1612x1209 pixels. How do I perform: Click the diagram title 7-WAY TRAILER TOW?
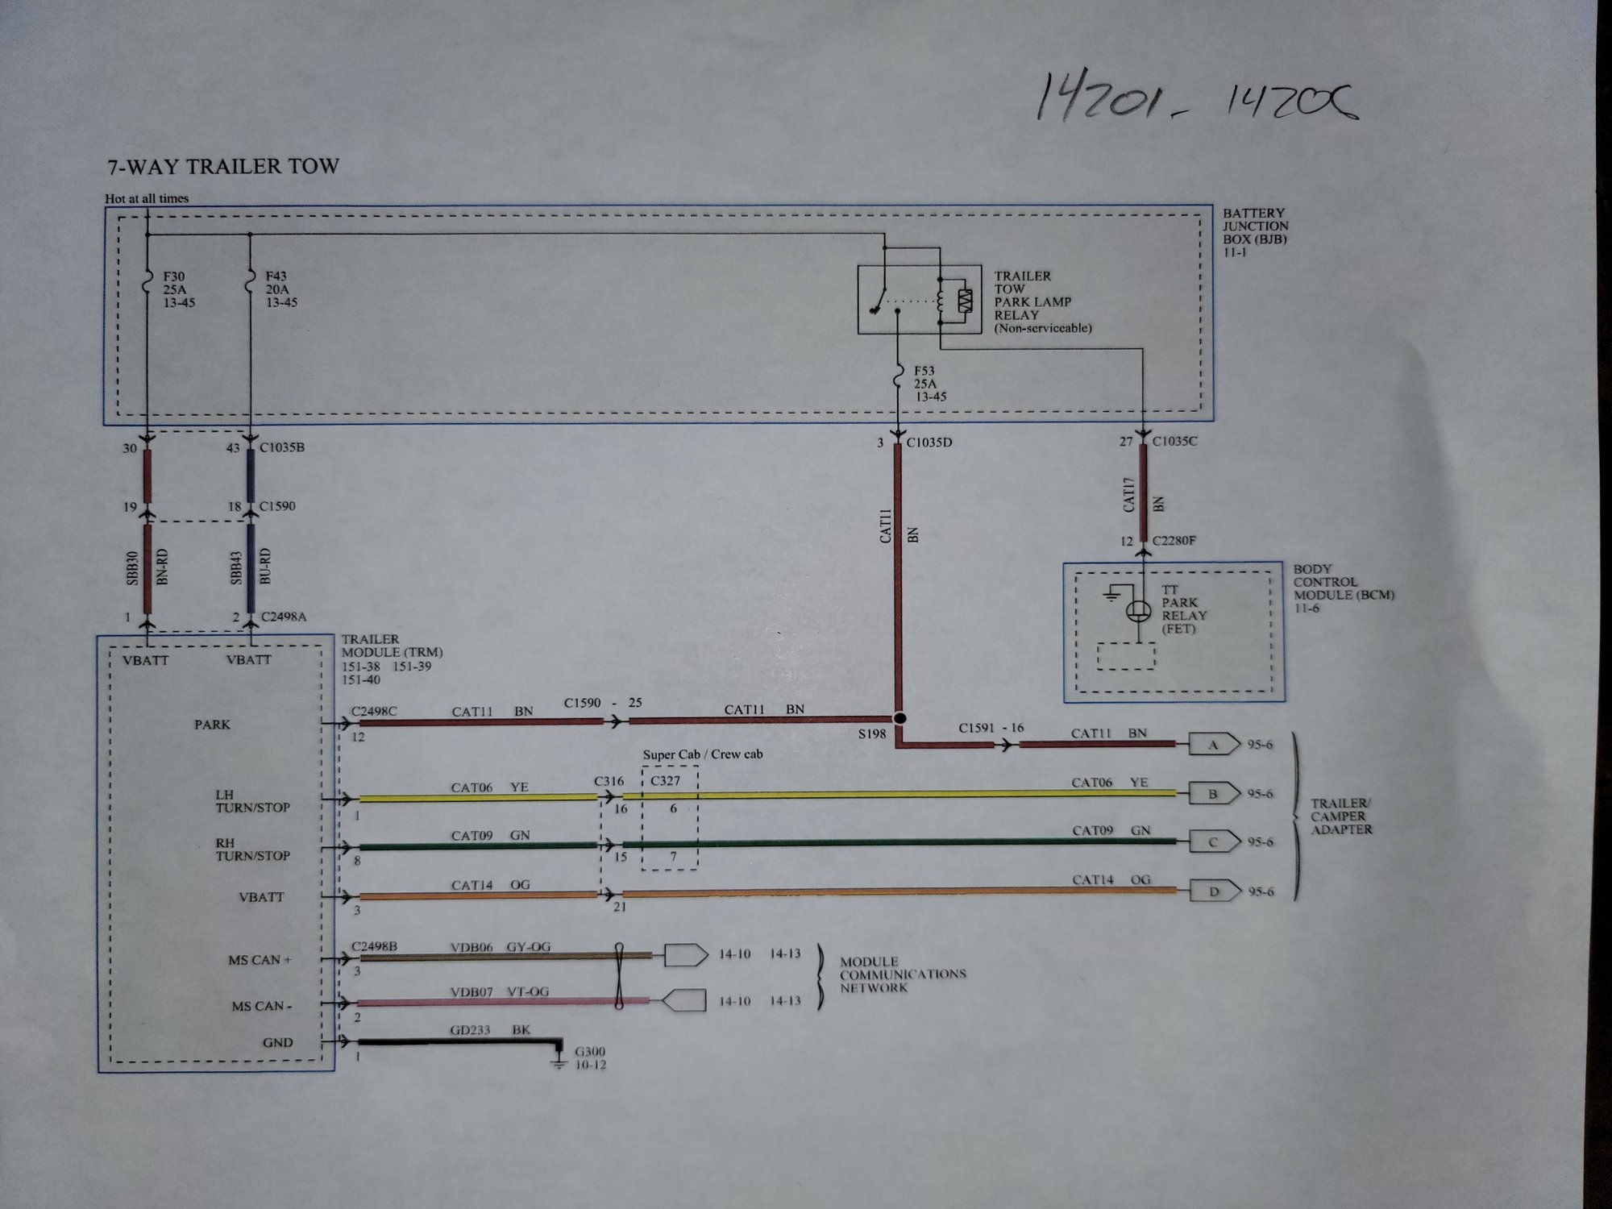[x=223, y=167]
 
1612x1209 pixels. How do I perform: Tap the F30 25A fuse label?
[x=178, y=289]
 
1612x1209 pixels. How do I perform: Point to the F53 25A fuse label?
[x=929, y=384]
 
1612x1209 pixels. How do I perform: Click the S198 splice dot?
[x=900, y=718]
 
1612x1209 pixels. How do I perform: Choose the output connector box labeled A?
[x=1213, y=745]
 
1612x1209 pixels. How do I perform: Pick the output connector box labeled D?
[x=1213, y=891]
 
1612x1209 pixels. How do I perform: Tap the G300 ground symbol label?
[x=590, y=1057]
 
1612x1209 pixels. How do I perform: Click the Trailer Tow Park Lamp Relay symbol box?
[x=919, y=300]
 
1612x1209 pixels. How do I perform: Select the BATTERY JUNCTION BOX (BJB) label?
[x=1255, y=232]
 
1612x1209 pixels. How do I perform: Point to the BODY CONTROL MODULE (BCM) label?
[x=1343, y=588]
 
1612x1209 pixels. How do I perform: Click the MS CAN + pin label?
[x=260, y=960]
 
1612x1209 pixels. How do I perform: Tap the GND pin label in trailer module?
[x=277, y=1042]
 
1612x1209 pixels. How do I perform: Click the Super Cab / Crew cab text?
[x=702, y=754]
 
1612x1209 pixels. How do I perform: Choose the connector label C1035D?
[x=929, y=442]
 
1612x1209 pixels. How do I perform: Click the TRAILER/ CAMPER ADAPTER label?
[x=1340, y=816]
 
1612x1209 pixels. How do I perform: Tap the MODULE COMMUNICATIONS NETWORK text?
[x=902, y=974]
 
